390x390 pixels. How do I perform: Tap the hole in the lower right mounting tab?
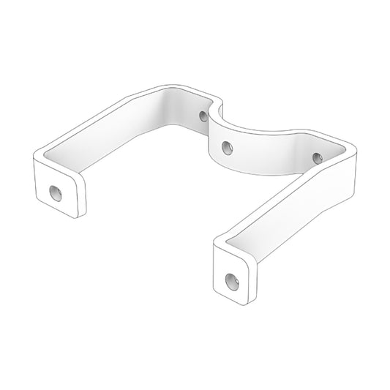pos(231,280)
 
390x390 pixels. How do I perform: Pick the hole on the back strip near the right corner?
pos(317,157)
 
